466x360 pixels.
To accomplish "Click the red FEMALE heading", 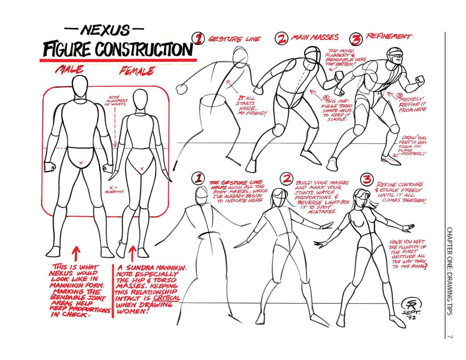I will [137, 71].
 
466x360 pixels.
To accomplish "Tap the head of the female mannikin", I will [138, 99].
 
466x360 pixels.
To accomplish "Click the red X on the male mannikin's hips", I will [81, 162].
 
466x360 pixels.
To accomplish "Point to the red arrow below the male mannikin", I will [76, 251].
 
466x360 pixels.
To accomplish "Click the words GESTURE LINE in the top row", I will [233, 39].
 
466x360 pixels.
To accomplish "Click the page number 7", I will [450, 336].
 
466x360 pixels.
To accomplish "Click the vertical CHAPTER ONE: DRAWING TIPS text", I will [450, 271].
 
